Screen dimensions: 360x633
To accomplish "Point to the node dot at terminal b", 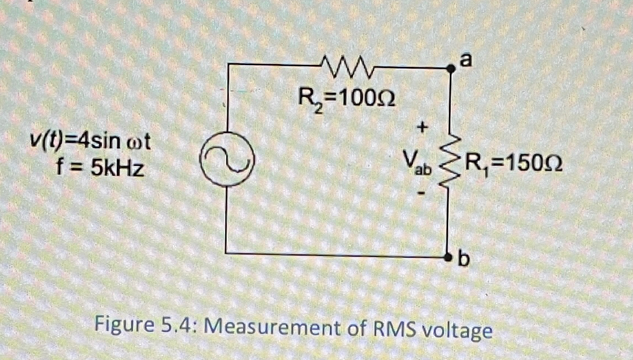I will click(x=450, y=257).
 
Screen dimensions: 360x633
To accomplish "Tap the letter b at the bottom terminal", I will click(x=464, y=259).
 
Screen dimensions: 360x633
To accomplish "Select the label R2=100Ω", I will click(x=346, y=100).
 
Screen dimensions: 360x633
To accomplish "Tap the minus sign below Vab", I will click(x=422, y=193).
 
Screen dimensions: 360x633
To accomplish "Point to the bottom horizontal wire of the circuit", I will click(x=338, y=254).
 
